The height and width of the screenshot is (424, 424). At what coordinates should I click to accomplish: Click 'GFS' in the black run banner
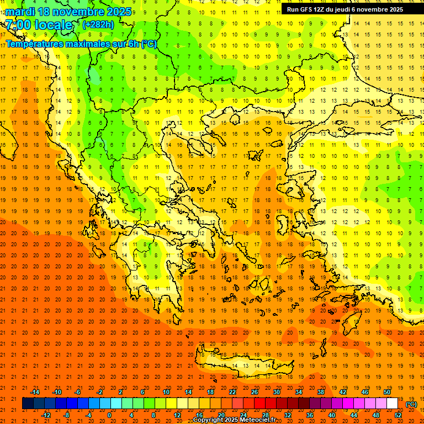coord(309,9)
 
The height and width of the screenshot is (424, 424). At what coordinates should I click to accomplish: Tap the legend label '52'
coord(397,415)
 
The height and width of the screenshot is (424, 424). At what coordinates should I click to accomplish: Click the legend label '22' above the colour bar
coord(232,392)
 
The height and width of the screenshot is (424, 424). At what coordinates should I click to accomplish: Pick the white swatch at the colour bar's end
coord(392,404)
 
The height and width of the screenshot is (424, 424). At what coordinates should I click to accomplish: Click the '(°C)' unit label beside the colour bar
coord(411,404)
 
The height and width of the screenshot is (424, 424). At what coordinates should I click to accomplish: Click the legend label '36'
coord(309,415)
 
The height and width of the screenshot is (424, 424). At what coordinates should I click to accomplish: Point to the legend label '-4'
coord(88,415)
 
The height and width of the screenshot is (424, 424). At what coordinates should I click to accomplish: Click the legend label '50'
coord(386,392)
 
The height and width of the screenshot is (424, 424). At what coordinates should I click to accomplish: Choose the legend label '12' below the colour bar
coord(177,415)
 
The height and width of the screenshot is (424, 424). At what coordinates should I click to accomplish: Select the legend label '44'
coord(353,415)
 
